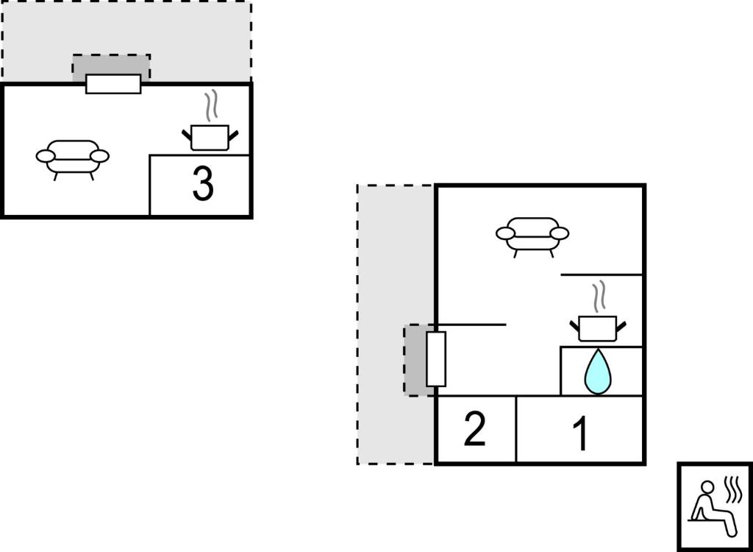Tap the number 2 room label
(474, 429)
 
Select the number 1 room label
(581, 434)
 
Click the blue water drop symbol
(598, 372)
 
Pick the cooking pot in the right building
(598, 328)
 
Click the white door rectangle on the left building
(113, 84)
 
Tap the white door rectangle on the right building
(436, 358)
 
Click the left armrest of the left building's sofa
(46, 156)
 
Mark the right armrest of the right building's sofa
(560, 234)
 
